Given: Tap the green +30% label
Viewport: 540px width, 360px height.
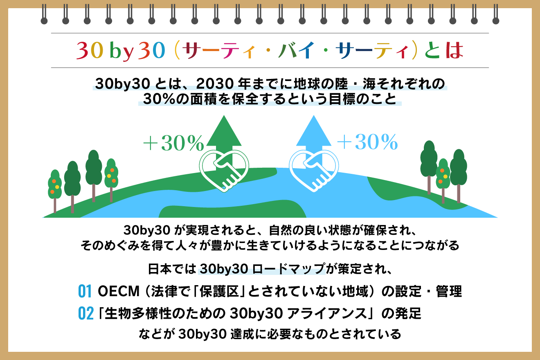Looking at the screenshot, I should (x=173, y=143).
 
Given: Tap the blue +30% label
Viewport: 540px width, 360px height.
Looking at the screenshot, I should (x=367, y=142).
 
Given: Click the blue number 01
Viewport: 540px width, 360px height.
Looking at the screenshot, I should (x=84, y=292).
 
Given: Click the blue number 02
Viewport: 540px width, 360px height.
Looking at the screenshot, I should (x=85, y=314).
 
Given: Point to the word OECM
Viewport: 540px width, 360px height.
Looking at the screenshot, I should (x=116, y=292).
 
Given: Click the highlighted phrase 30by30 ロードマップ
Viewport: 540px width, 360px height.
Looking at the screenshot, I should (x=262, y=270).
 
